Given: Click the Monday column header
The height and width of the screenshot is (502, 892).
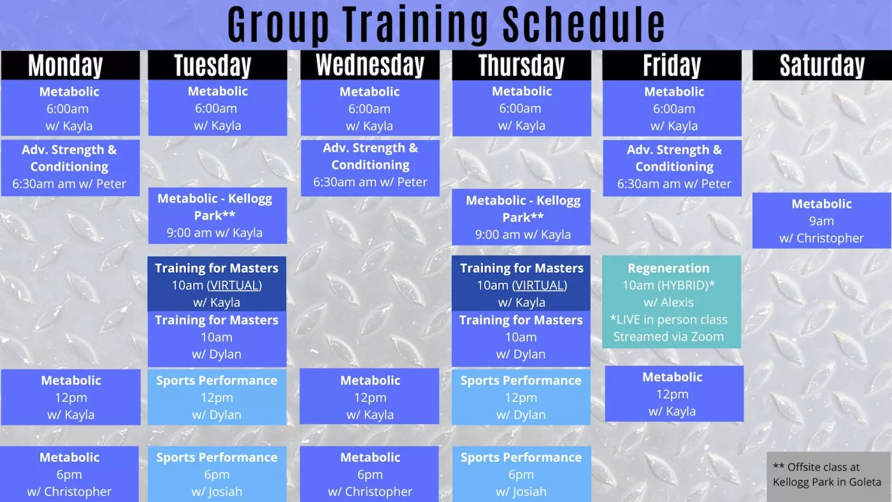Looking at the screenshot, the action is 71,65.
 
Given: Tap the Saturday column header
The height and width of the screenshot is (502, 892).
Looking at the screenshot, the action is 822,65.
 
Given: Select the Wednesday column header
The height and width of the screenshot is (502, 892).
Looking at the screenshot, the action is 370,65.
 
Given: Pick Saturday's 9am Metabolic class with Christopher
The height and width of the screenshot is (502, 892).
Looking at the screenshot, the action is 821,220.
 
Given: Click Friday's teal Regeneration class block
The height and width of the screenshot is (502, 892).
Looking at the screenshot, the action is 672,302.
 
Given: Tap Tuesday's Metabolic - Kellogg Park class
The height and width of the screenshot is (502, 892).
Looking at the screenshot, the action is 217,215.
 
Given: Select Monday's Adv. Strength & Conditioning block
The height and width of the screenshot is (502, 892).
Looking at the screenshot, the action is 71,168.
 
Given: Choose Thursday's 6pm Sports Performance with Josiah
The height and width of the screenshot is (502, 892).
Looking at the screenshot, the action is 521,474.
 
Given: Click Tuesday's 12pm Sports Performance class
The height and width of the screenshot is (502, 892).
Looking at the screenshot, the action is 217,397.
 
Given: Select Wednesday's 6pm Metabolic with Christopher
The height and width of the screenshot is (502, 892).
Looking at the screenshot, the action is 369,474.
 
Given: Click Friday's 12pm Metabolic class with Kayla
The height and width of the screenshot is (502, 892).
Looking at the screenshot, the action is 674,394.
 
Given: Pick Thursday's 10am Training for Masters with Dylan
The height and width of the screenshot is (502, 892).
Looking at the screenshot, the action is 521,339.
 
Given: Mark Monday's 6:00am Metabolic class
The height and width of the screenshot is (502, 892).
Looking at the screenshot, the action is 71,108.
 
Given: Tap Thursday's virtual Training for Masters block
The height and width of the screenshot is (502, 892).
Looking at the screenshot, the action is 521,283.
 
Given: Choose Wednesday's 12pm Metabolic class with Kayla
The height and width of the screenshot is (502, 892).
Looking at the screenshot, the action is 370,397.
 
